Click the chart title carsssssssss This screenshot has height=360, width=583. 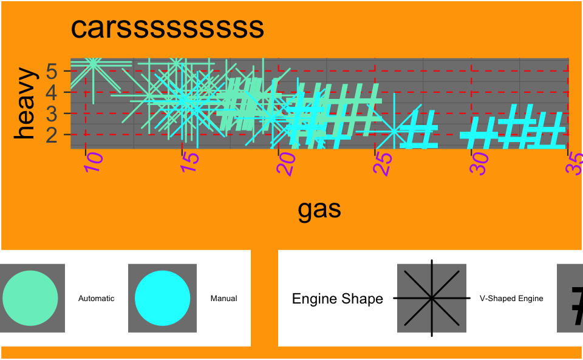tap(167, 28)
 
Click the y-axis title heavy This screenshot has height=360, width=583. tap(26, 103)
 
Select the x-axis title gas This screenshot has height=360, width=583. tap(319, 209)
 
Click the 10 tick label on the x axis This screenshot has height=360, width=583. tap(93, 163)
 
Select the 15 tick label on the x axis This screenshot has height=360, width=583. tap(189, 163)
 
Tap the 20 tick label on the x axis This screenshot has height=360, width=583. tap(286, 163)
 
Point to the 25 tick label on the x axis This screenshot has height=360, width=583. tap(383, 163)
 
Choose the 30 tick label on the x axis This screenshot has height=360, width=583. tap(479, 163)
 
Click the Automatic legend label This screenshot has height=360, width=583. tap(97, 299)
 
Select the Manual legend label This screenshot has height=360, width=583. tap(223, 299)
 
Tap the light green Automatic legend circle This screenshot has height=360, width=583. tap(30, 298)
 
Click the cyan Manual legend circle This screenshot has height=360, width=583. tap(162, 298)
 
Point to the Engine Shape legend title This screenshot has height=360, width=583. tap(338, 299)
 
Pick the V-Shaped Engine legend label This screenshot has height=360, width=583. tap(511, 299)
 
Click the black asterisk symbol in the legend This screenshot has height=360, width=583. tap(432, 298)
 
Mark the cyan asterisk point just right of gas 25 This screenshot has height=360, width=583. tap(395, 131)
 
